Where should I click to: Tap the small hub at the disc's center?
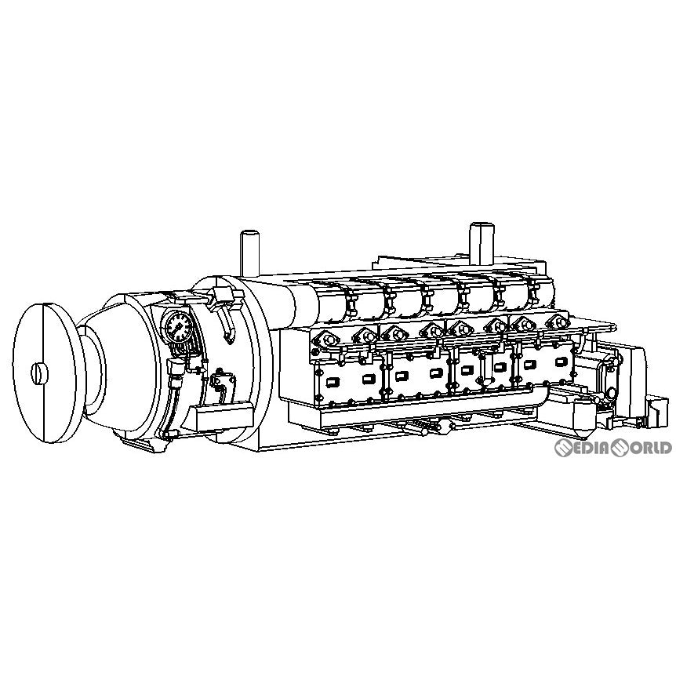[x=39, y=373]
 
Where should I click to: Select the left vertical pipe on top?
[x=249, y=253]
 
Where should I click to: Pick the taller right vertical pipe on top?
[x=482, y=244]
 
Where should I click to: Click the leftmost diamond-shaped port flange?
[x=326, y=340]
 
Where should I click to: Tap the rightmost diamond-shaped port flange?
[x=558, y=322]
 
